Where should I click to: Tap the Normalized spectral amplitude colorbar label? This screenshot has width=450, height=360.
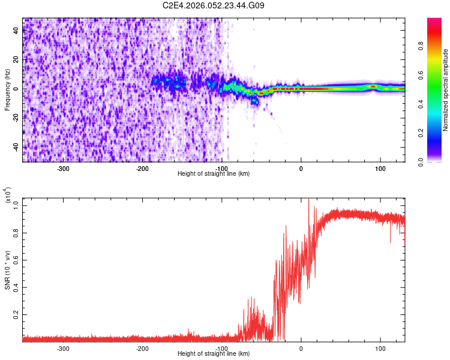[445, 90]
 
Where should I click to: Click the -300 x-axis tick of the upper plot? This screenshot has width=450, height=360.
[64, 168]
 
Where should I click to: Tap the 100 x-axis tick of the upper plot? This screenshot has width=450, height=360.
[380, 168]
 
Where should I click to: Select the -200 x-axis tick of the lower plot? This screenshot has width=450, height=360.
[142, 348]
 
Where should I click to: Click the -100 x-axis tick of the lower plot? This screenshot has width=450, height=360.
[221, 348]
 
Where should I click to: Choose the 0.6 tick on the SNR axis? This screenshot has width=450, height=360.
[16, 259]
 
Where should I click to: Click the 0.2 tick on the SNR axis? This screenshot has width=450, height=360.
[16, 314]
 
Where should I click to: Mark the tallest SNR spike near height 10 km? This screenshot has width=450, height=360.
[308, 200]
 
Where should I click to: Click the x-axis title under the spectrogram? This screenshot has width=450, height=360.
[214, 174]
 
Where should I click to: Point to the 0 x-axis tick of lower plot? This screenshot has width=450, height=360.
[301, 348]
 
